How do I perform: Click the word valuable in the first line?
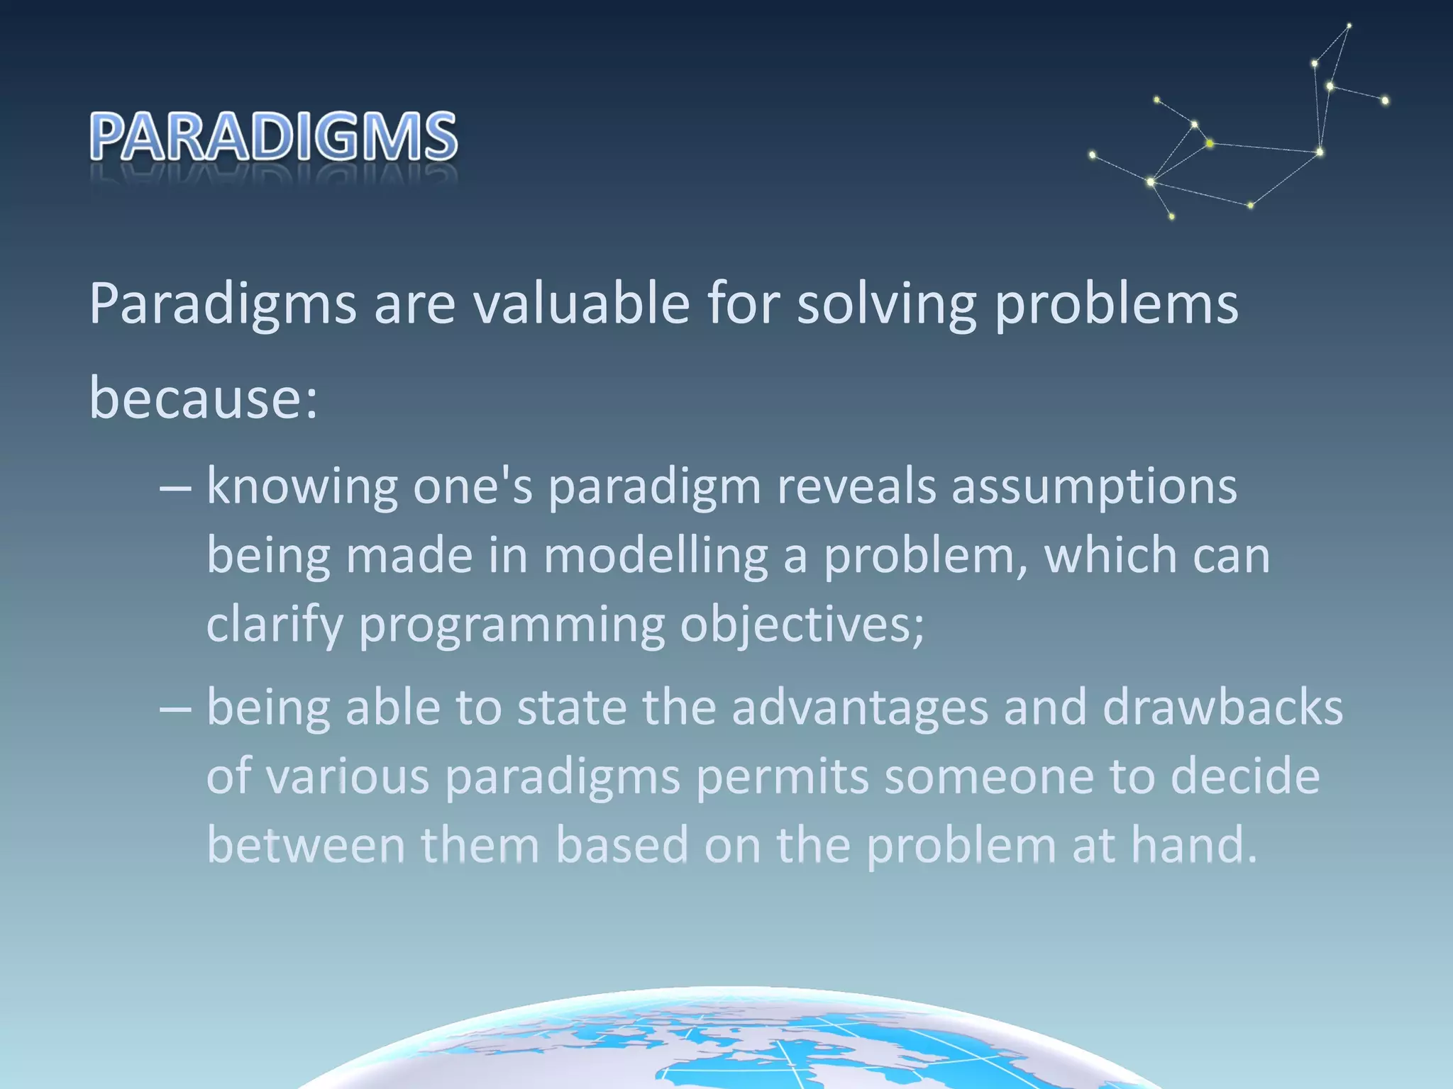(581, 303)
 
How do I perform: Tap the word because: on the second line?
(204, 397)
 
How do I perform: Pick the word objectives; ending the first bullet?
(802, 625)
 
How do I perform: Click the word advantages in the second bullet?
(859, 708)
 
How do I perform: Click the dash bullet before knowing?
(175, 489)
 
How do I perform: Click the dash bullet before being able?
(175, 709)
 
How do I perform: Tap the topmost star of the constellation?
(1349, 26)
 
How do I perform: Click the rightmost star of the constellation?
(1385, 101)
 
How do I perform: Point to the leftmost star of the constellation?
(1092, 154)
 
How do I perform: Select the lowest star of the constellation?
(1171, 216)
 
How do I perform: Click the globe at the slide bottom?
(731, 1042)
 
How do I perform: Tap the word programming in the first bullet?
(512, 625)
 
